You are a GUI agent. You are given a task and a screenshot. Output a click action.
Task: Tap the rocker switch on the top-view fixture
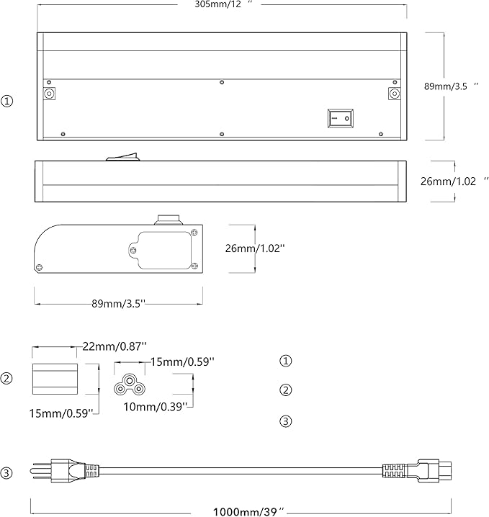341,118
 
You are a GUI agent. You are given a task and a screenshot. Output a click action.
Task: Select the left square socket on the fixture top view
50,94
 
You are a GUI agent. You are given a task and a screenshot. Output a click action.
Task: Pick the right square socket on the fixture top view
395,94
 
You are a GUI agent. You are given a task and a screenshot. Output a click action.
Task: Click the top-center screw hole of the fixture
222,82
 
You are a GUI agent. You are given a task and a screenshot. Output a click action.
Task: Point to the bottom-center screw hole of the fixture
222,134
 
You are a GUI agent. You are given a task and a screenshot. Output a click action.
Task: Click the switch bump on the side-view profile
122,157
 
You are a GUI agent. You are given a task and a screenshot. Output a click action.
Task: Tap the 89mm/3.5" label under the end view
118,304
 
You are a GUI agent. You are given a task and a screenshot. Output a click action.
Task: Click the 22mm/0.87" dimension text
115,346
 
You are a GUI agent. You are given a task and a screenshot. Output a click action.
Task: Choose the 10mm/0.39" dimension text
156,407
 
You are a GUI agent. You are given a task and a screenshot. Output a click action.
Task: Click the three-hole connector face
130,385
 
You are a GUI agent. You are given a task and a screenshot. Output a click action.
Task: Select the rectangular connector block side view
55,379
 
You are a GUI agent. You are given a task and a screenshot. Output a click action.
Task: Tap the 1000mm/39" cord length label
248,512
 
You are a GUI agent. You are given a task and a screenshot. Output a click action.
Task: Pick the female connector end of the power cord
417,472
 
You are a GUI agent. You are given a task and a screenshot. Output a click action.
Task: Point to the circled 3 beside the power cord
6,473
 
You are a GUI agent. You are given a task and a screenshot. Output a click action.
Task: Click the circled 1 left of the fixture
7,101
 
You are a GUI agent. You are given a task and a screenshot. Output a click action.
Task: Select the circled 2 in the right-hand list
286,390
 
